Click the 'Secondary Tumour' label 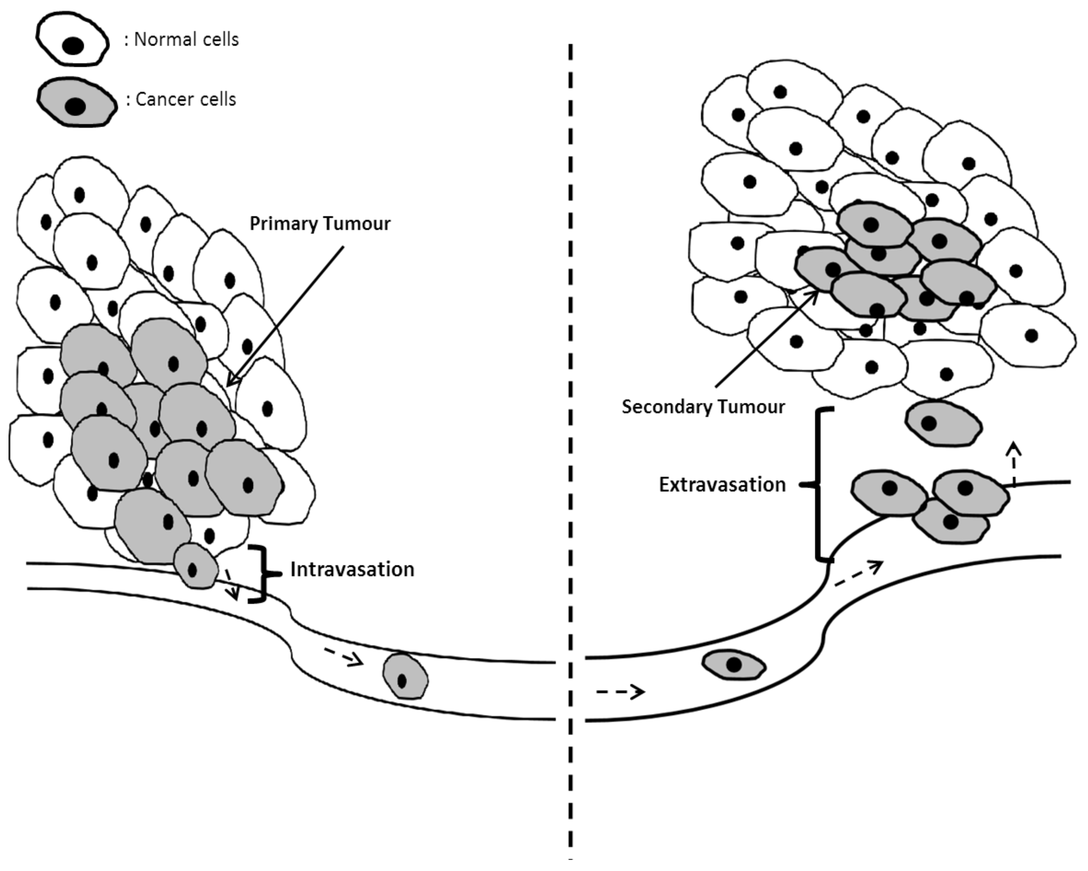703,406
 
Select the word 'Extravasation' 722,485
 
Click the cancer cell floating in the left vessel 405,677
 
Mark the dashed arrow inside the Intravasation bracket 232,585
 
